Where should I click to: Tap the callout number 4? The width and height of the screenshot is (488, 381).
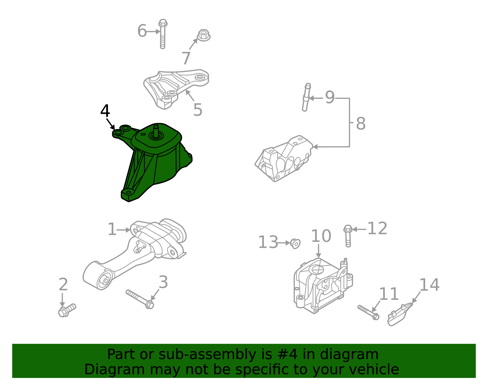pos(105,111)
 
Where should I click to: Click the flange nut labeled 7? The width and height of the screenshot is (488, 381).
pos(204,35)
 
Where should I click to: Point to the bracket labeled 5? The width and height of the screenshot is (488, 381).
pos(174,87)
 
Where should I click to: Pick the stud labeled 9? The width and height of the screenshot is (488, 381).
pos(306,97)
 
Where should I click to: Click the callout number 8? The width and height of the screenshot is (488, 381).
pos(361,124)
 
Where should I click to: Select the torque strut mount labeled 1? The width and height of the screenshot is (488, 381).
pos(137,253)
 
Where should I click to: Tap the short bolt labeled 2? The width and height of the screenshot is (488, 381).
pos(67,311)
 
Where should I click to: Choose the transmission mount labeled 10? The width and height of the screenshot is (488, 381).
pos(322,285)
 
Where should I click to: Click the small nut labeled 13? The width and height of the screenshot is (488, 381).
pos(295,243)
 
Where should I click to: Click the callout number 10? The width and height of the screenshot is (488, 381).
pos(321,236)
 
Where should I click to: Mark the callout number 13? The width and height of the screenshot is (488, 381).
pos(268,243)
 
